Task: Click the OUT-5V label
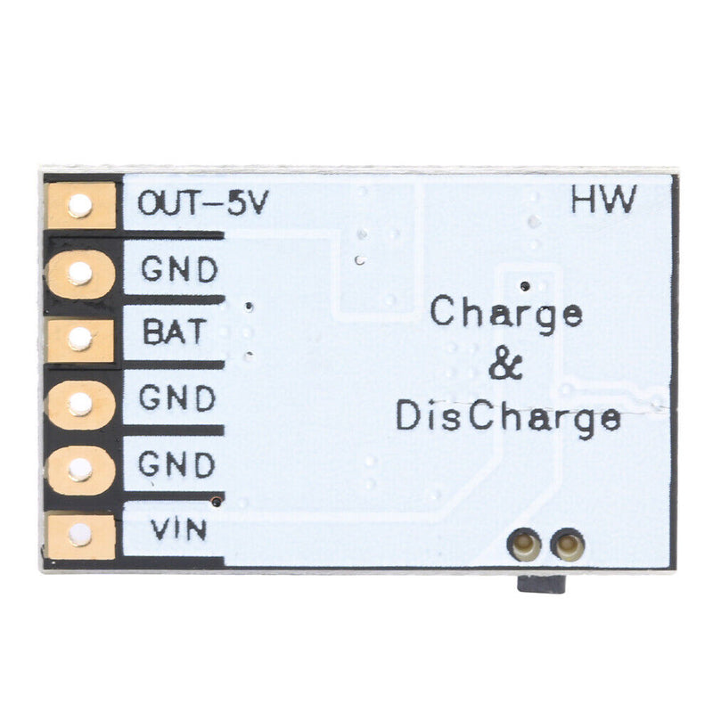[202, 204]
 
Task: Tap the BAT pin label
[174, 333]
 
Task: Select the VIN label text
[178, 530]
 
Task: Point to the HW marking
[602, 201]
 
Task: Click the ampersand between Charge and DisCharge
[505, 365]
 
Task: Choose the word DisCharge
[508, 417]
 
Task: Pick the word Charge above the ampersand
[506, 314]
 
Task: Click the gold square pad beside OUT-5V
[81, 207]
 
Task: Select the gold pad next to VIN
[81, 535]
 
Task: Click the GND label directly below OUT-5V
[180, 269]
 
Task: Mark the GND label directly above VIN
[177, 464]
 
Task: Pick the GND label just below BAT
[178, 398]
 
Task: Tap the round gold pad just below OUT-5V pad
[81, 272]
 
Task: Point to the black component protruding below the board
[542, 584]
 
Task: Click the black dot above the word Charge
[524, 285]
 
